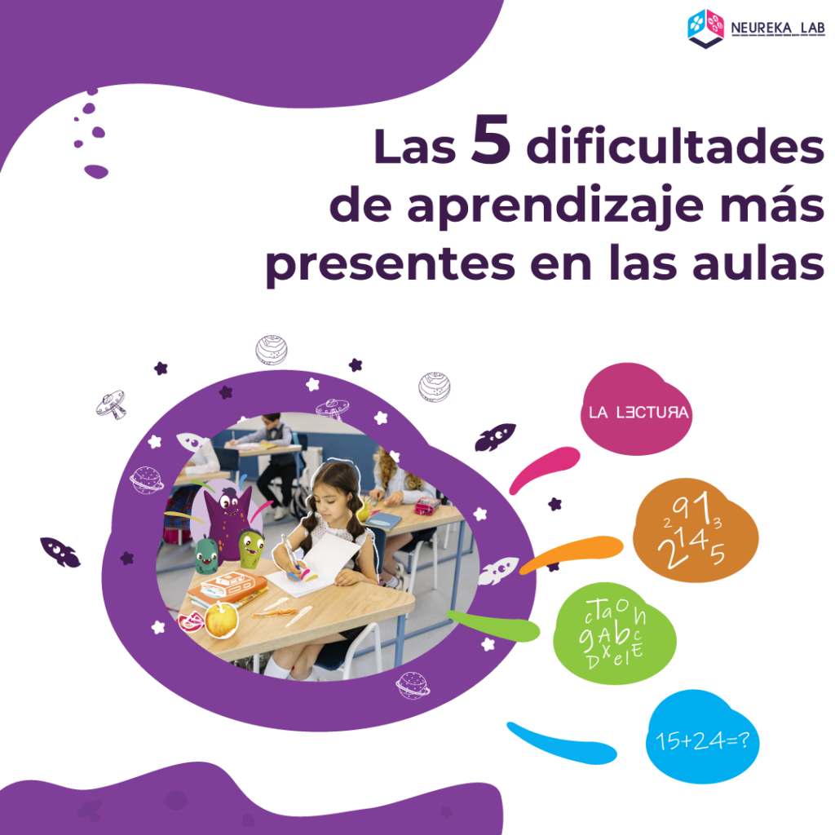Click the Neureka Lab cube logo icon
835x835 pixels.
pos(705,29)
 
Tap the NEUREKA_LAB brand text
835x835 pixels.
pos(777,29)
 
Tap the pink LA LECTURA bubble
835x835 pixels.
pos(636,409)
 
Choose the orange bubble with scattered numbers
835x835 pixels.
pos(696,530)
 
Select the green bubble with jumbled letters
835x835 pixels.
pos(615,634)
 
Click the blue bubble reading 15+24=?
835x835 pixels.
pos(702,737)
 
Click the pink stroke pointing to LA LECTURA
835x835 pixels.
pos(544,469)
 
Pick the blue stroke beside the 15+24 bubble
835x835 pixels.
pos(562,744)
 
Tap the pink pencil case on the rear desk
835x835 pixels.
pos(427,506)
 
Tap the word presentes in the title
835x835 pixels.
pos(391,265)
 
